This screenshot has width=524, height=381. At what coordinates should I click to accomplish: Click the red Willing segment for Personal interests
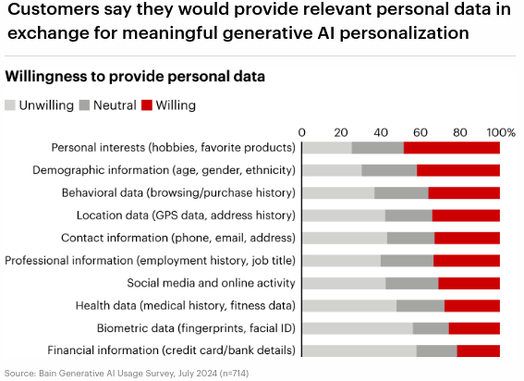(452, 148)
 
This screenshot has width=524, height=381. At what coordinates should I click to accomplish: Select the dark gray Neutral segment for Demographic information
(389, 170)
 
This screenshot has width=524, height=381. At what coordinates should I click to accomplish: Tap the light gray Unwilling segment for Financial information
(359, 350)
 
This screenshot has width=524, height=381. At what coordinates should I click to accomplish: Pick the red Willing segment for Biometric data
(474, 328)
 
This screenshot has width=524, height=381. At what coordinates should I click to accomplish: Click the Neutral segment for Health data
(420, 306)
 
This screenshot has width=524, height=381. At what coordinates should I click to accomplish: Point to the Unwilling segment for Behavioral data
(338, 193)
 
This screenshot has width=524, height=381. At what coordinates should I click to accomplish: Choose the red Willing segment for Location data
(466, 215)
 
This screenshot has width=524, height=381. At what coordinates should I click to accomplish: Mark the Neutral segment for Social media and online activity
(412, 283)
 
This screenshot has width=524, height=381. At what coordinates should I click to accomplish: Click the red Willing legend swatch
(147, 105)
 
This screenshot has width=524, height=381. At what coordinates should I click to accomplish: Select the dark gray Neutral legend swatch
(84, 105)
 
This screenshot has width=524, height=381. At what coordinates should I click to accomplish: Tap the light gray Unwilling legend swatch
(10, 105)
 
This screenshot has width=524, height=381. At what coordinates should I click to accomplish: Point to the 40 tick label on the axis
(381, 133)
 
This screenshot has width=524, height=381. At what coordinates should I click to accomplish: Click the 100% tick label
(501, 133)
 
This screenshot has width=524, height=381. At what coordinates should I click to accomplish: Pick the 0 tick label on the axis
(302, 133)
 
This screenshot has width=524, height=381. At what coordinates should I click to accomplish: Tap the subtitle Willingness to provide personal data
(135, 77)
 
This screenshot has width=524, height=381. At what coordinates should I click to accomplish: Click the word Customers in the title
(54, 9)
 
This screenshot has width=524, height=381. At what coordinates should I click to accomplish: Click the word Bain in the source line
(46, 374)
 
